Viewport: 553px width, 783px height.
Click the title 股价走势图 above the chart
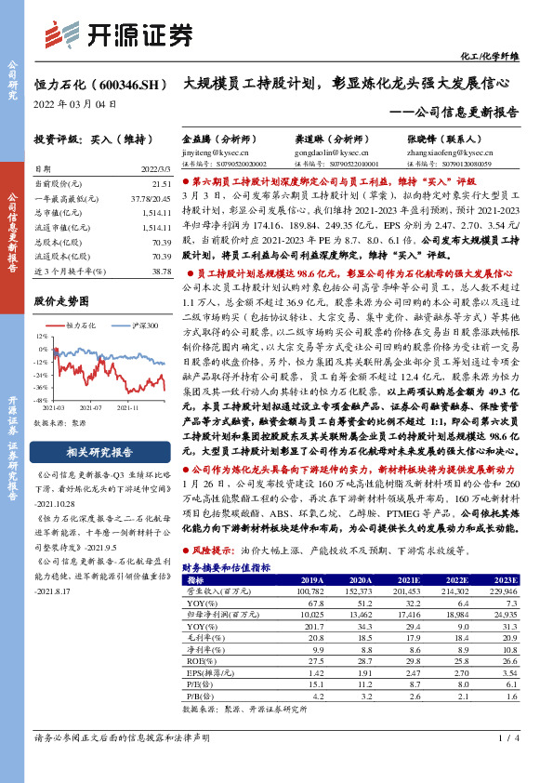coord(61,302)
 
